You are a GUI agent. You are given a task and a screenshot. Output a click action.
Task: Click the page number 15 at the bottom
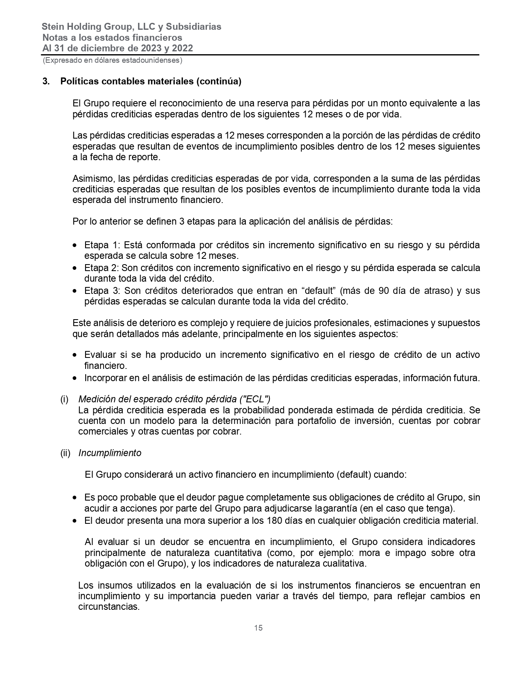[258, 628]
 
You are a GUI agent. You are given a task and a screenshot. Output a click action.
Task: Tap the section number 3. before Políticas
[46, 82]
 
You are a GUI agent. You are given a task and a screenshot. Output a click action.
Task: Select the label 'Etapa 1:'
[102, 245]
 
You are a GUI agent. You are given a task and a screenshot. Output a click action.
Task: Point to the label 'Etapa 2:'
[101, 268]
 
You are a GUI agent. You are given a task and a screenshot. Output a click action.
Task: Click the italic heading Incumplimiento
[110, 453]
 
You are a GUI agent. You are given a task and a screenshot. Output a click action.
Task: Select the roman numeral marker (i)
[64, 399]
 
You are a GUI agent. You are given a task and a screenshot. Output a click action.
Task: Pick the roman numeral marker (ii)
[65, 453]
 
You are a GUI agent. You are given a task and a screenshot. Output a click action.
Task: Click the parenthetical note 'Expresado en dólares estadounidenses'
[112, 60]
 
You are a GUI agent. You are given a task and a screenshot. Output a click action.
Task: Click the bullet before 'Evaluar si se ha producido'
[75, 355]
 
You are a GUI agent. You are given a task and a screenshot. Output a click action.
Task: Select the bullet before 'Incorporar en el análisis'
[75, 378]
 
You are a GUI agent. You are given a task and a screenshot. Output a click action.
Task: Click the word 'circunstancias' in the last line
[108, 607]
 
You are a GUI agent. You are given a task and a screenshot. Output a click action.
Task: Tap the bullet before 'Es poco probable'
[75, 498]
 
